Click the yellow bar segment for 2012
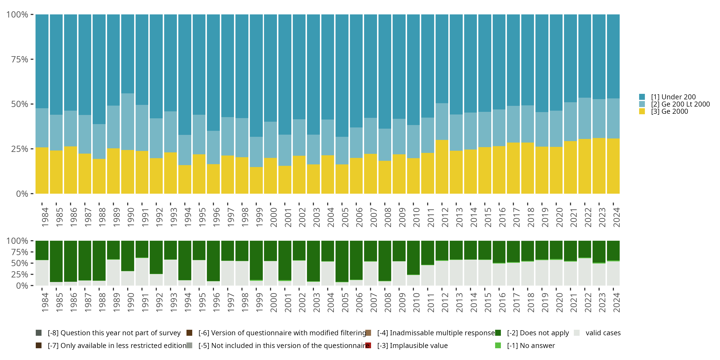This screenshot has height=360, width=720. (442, 167)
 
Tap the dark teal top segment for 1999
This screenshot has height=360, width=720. (256, 75)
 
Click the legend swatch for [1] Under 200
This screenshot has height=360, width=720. (642, 97)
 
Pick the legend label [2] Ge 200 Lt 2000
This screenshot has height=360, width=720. (680, 104)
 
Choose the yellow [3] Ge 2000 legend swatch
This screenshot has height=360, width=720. (642, 111)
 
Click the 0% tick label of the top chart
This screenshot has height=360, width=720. (22, 194)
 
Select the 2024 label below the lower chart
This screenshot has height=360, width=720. (616, 302)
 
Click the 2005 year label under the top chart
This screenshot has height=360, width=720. (345, 217)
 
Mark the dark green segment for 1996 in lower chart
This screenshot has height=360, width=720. (213, 260)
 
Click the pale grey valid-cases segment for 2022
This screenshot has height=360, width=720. (585, 271)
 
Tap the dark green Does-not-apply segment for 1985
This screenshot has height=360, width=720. (56, 261)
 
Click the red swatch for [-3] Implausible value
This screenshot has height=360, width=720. (368, 345)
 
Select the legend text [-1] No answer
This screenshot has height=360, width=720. (531, 345)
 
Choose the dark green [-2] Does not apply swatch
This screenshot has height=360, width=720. (498, 333)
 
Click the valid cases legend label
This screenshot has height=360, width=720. (603, 333)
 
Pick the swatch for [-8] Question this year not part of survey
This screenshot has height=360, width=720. (39, 333)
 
